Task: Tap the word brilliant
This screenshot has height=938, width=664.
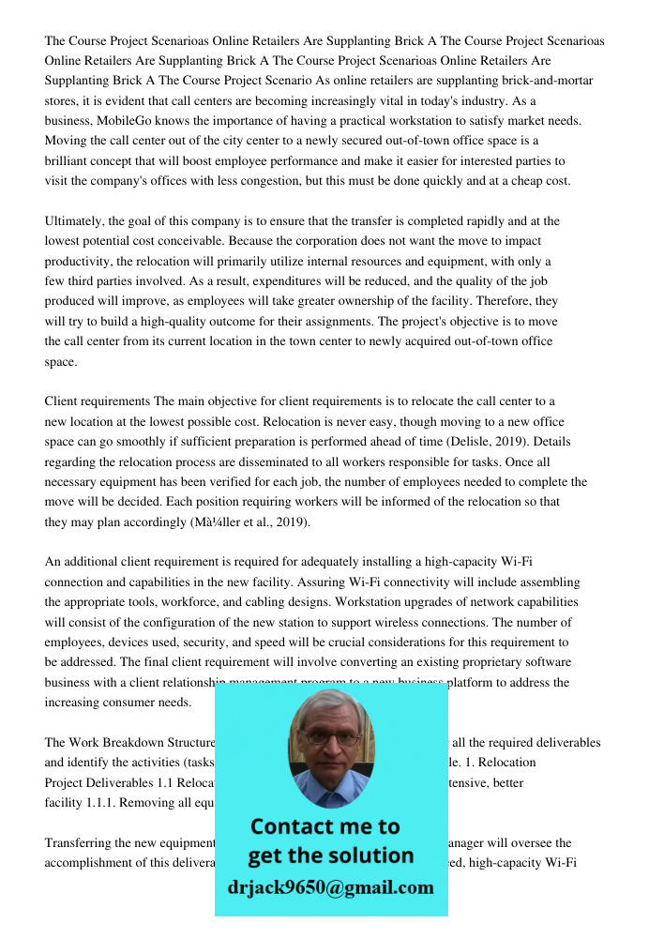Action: (68, 161)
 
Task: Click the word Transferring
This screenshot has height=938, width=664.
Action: (82, 842)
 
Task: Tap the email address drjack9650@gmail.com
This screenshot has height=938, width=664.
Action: (330, 887)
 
